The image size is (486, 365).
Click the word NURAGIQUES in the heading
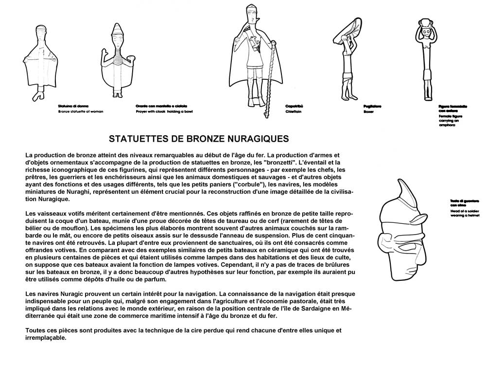click(256, 138)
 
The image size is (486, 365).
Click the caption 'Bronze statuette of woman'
click(81, 111)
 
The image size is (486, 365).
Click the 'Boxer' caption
click(368, 111)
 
